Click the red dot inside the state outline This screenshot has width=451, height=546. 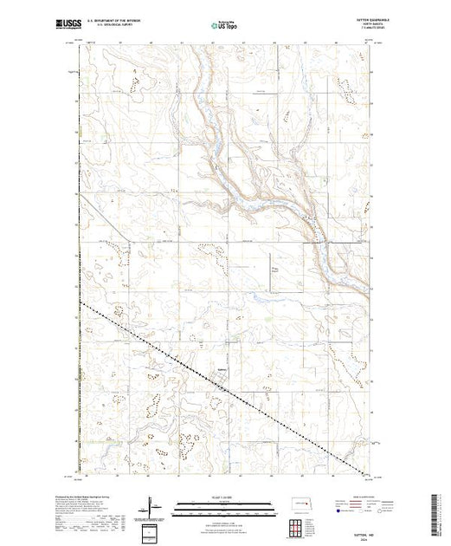tap(303, 504)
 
